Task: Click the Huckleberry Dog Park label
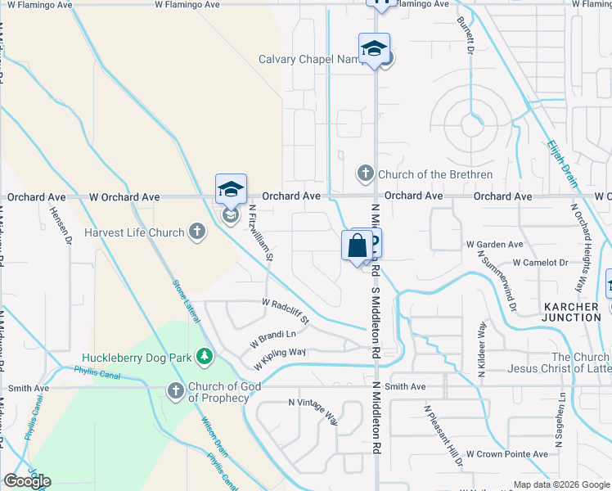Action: point(136,358)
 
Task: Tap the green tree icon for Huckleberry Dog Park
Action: point(205,357)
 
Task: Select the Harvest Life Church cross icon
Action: point(196,232)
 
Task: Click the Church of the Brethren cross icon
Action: point(365,174)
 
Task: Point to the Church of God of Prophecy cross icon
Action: point(175,391)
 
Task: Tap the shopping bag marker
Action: point(357,245)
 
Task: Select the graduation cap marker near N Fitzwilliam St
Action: point(231,190)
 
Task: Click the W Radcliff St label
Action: point(286,310)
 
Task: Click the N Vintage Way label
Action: point(313,412)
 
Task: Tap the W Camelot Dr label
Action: point(540,263)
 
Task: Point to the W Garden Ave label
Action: point(494,244)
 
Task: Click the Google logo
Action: point(27,481)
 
